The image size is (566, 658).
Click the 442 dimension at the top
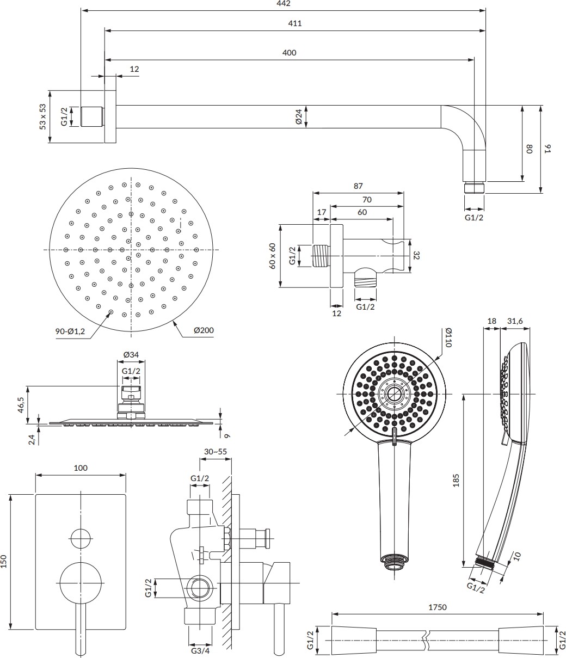coord(283,4)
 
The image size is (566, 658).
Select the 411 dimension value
coord(294,23)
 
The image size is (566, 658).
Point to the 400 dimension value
coord(290,53)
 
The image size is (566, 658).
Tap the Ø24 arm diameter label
coord(299,116)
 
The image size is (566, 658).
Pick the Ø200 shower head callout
coord(204,330)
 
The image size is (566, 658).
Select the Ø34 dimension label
coord(131,355)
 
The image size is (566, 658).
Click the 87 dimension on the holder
coord(358,186)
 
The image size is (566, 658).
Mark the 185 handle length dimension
coord(456,479)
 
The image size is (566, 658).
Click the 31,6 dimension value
coord(514,321)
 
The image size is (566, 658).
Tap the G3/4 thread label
coord(200,650)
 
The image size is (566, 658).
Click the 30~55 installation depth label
coord(216,452)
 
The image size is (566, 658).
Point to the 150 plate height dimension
coord(4,561)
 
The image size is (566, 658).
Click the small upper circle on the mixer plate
coord(81,538)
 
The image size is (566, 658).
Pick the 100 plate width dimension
coord(81,468)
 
